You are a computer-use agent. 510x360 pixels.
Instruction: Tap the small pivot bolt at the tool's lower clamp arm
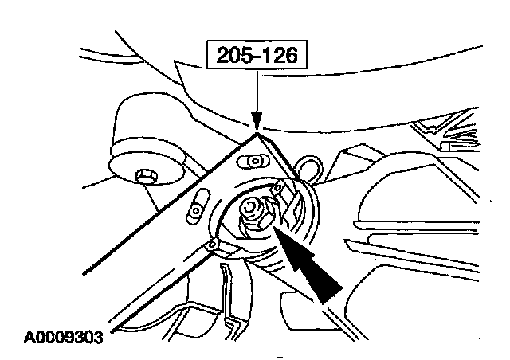click(x=211, y=245)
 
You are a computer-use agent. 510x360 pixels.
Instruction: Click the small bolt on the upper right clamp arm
click(x=278, y=188)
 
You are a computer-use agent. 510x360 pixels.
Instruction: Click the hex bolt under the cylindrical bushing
click(x=146, y=177)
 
